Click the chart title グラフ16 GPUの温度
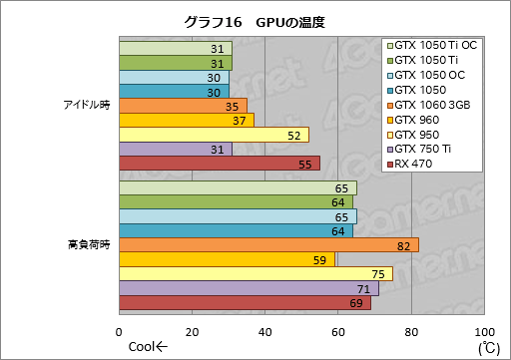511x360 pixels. pyautogui.click(x=255, y=21)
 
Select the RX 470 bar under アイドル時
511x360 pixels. pyautogui.click(x=219, y=164)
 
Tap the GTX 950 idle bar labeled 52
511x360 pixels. pyautogui.click(x=213, y=135)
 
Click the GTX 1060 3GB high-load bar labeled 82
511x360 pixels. pyautogui.click(x=267, y=245)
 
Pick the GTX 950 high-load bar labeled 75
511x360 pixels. pyautogui.click(x=255, y=274)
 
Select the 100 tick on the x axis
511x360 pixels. pyautogui.click(x=483, y=332)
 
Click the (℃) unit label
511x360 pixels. pyautogui.click(x=488, y=347)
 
